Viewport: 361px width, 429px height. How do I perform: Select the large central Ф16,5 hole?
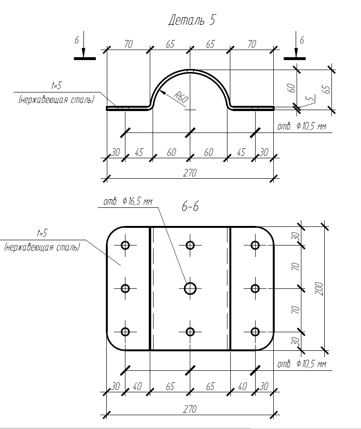[x=190, y=288]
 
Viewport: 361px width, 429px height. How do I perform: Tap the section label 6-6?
[x=190, y=207]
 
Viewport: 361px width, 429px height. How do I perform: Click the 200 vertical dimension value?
[x=319, y=288]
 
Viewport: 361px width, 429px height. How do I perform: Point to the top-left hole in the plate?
[x=125, y=245]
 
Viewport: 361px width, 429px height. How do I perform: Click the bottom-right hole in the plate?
[x=255, y=332]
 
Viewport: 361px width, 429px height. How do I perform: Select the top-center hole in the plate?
[x=190, y=245]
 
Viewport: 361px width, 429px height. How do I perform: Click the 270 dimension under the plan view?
[x=189, y=409]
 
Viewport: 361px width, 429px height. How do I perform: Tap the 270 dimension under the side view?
[x=189, y=173]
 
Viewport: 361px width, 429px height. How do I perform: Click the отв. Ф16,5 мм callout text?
[x=128, y=202]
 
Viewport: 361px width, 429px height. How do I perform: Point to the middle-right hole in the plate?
[x=255, y=288]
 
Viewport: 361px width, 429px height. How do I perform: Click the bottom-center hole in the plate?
[x=190, y=332]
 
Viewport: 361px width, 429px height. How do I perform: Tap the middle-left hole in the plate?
[x=125, y=288]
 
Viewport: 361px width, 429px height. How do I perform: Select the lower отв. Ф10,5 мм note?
[x=301, y=365]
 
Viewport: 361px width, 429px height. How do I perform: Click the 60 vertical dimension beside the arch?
[x=292, y=88]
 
